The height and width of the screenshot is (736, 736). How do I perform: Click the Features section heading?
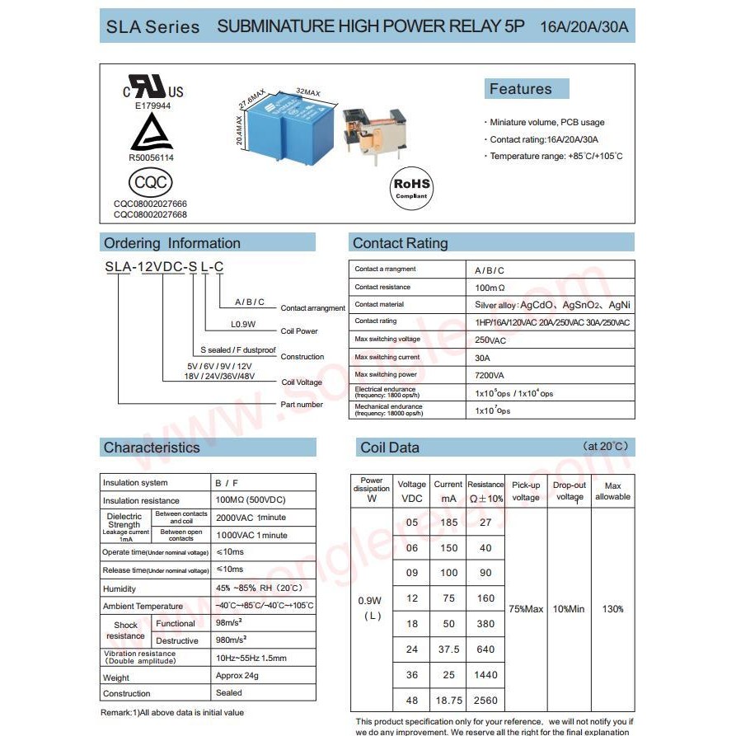[x=520, y=89]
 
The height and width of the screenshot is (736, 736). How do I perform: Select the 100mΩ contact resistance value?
[x=490, y=287]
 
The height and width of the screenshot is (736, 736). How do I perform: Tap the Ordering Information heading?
[x=171, y=243]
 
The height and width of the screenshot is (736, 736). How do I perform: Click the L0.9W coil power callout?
[x=244, y=324]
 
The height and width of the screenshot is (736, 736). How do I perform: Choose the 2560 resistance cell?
[x=485, y=701]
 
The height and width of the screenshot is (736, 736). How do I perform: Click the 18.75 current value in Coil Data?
[x=448, y=701]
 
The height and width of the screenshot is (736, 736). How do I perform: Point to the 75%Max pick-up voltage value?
[x=526, y=609]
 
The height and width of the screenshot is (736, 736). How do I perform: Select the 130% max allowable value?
[x=612, y=609]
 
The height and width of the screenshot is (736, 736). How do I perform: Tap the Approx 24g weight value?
[x=237, y=676]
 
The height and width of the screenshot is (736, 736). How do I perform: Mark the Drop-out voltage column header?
[x=570, y=491]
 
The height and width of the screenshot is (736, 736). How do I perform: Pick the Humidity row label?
[x=120, y=589]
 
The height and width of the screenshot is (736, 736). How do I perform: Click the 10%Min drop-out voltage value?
[x=569, y=609]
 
